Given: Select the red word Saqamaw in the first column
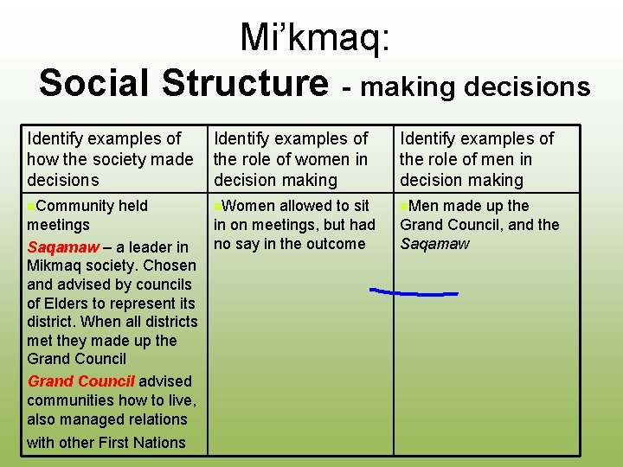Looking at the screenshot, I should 63,247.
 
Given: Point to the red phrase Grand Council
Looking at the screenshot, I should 81,381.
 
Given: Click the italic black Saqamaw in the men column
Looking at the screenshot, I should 434,244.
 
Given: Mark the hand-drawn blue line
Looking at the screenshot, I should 414,293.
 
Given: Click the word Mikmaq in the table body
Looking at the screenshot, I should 54,265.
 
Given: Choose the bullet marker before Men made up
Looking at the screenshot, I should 404,207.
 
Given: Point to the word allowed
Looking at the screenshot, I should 304,206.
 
